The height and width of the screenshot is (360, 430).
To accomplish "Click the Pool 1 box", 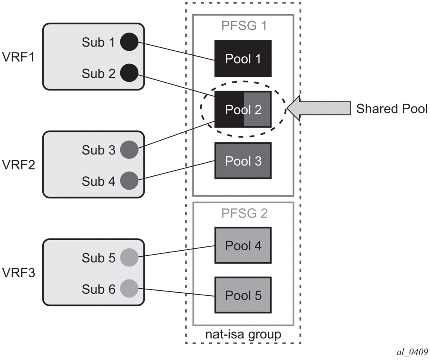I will coord(243,58).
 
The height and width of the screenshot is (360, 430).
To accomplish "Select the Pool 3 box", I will coord(243,161).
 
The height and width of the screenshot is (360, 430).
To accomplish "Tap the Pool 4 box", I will coord(243,246).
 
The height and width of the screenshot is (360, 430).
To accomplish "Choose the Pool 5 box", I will coord(243,295).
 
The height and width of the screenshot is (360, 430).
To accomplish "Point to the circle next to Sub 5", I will coord(129,258).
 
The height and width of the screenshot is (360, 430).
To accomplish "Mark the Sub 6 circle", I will coord(129,289).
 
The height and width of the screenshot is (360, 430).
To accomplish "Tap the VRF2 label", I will coord(18,165).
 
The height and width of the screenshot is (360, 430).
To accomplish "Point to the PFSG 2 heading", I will coord(243,213).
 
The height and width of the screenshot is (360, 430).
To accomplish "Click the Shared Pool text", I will coord(392,109).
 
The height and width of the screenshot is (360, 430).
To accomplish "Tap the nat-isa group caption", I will coord(243,335).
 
